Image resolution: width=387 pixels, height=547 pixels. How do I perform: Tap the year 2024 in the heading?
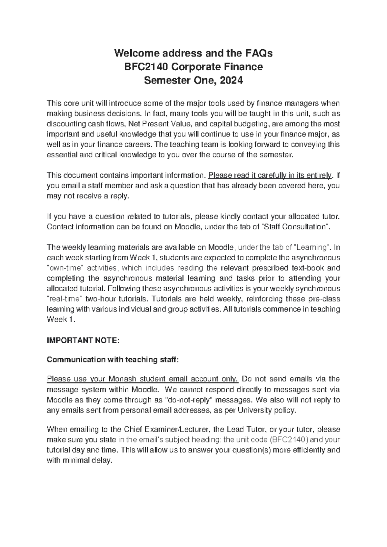click(x=231, y=81)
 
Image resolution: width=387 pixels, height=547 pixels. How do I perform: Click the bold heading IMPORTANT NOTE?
click(x=83, y=341)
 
